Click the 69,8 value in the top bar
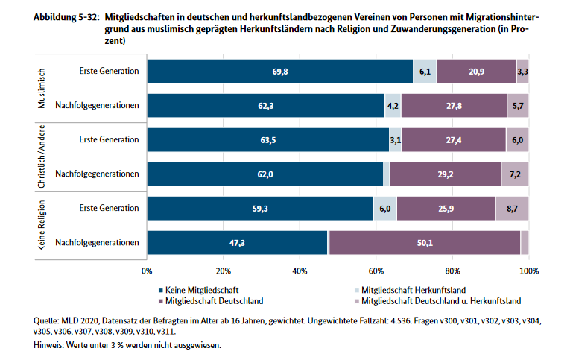pyautogui.click(x=279, y=72)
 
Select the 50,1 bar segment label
pyautogui.click(x=424, y=243)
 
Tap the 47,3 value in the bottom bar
pyautogui.click(x=238, y=243)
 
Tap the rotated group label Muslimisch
pyautogui.click(x=42, y=89)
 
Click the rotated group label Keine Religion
pyautogui.click(x=42, y=226)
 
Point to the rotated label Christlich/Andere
pyautogui.click(x=42, y=157)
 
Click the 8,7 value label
pyautogui.click(x=512, y=209)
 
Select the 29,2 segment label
pyautogui.click(x=445, y=174)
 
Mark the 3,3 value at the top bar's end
pyautogui.click(x=522, y=72)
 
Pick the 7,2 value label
pyautogui.click(x=515, y=174)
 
